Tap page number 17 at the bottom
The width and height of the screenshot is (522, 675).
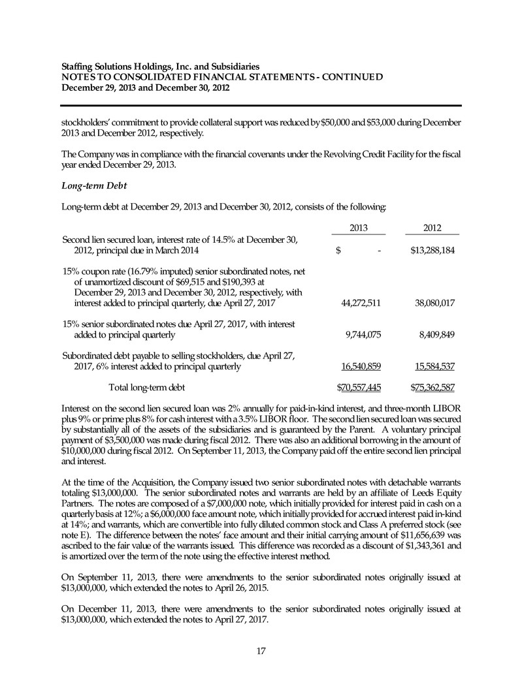point(261,649)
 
